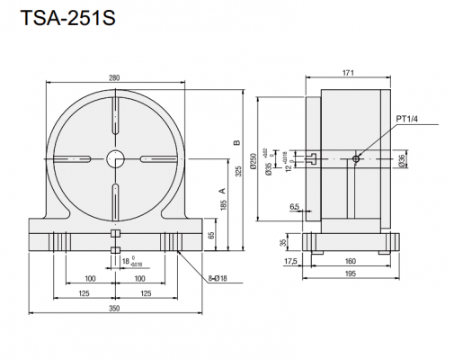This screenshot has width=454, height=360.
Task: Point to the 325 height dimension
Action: pyautogui.click(x=238, y=172)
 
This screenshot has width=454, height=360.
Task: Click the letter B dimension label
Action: pyautogui.click(x=236, y=141)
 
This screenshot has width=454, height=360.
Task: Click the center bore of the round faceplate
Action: pyautogui.click(x=116, y=159)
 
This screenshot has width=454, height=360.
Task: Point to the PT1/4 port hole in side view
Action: pyautogui.click(x=357, y=159)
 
